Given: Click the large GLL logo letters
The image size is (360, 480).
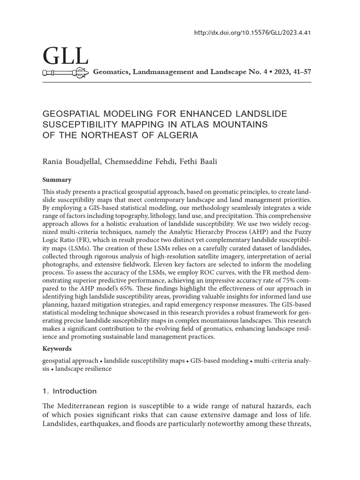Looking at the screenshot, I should click(x=65, y=57).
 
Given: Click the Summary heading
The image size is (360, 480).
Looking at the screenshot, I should click(x=57, y=180).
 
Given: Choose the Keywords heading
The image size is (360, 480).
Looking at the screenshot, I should click(x=58, y=348).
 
